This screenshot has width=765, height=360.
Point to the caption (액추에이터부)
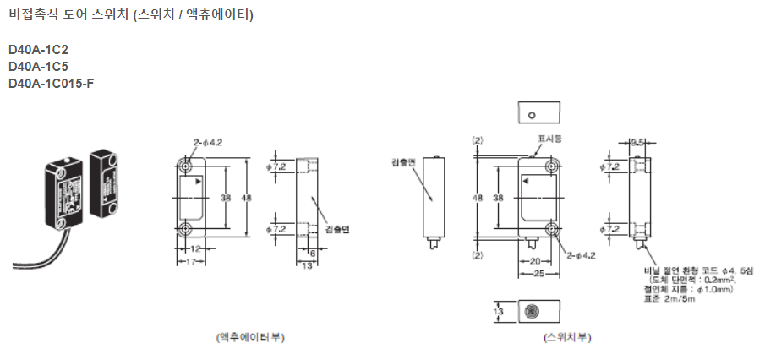[251, 336]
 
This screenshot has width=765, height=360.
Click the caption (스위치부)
[567, 336]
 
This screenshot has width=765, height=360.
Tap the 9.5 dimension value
[637, 143]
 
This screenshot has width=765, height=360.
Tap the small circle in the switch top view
[531, 114]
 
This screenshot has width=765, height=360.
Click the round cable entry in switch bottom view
[532, 312]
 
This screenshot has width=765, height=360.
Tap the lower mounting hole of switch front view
[551, 230]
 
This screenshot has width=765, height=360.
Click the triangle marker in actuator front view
[197, 182]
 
